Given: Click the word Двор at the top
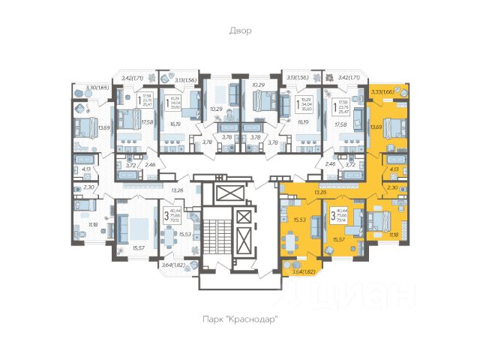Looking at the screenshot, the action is click(x=241, y=31).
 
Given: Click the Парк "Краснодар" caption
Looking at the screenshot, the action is click(x=240, y=319).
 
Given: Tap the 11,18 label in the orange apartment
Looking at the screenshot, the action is click(x=394, y=235).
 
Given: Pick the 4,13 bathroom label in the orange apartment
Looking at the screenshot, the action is click(x=394, y=169).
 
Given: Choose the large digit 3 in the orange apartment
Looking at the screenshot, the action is click(x=332, y=217).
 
